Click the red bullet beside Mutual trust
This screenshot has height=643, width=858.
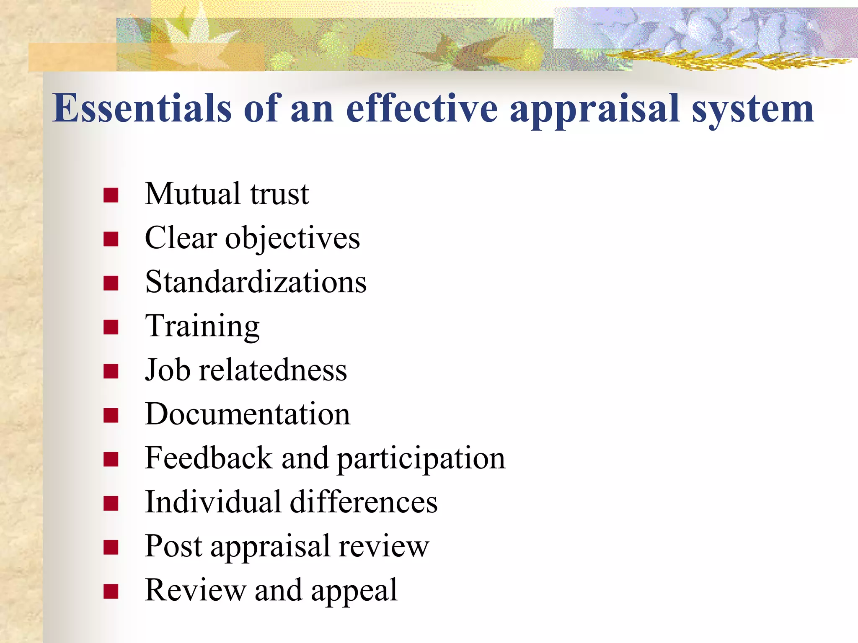pyautogui.click(x=111, y=195)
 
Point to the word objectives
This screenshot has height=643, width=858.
pyautogui.click(x=292, y=239)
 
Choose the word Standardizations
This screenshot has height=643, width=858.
pyautogui.click(x=256, y=282)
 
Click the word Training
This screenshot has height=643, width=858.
pyautogui.click(x=202, y=327)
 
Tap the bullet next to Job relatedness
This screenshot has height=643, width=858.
pyautogui.click(x=111, y=371)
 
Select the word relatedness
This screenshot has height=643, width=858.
pyautogui.click(x=273, y=370)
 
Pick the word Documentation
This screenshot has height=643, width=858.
pyautogui.click(x=248, y=414)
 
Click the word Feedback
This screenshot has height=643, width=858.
pyautogui.click(x=209, y=458)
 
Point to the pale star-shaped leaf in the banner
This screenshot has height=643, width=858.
pyautogui.click(x=189, y=33)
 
